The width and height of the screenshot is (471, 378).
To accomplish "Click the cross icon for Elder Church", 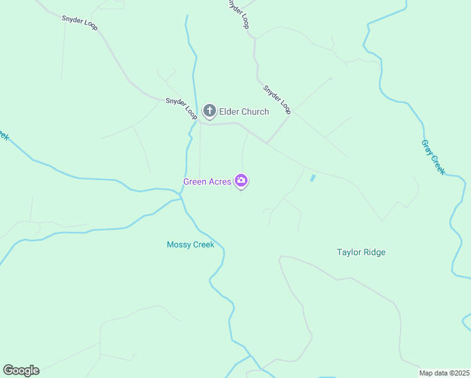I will click(210, 112).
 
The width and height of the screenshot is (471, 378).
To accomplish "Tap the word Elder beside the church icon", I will click(229, 112).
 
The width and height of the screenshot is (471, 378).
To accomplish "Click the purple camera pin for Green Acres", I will click(241, 181).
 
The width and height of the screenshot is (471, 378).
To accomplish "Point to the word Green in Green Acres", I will click(195, 182).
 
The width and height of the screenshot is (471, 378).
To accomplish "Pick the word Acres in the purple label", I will click(220, 182).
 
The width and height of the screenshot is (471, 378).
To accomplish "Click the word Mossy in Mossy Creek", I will click(179, 245).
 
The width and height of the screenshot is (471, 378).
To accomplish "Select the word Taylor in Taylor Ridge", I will click(349, 253).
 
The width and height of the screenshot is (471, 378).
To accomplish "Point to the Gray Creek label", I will click(433, 157).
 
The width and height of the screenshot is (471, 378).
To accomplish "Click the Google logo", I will click(21, 370).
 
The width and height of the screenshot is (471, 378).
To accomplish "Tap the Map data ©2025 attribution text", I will click(444, 373).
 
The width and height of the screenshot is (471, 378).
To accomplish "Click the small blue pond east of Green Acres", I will click(312, 178).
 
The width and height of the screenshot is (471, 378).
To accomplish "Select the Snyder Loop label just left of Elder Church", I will click(181, 108).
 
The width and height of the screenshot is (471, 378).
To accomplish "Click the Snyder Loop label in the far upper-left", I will click(80, 23).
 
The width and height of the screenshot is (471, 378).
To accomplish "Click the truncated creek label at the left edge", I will click(3, 135).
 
